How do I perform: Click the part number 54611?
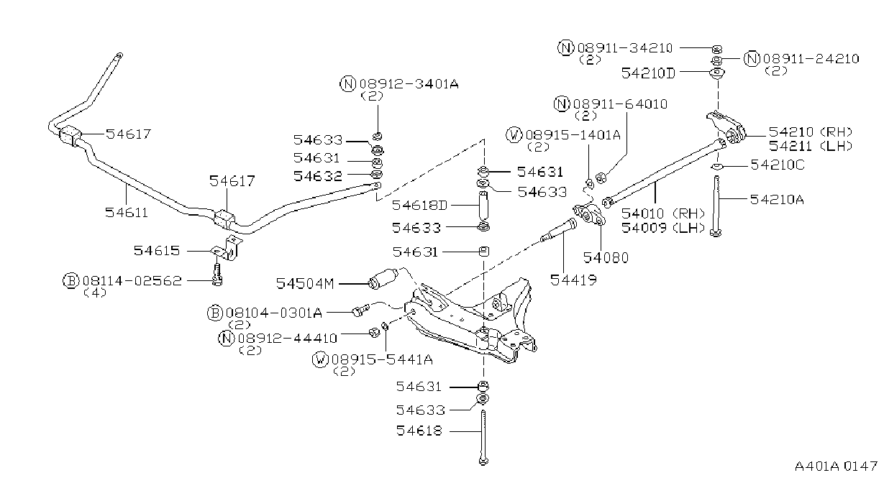(x=127, y=213)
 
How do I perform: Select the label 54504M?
(x=305, y=283)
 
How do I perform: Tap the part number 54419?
(x=573, y=280)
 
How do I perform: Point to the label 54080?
(x=606, y=258)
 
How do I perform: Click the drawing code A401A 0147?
(x=836, y=466)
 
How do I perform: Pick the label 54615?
(x=157, y=251)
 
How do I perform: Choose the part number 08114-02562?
(x=132, y=281)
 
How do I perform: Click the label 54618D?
(x=419, y=206)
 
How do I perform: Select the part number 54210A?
(x=777, y=200)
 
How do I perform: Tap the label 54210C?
(x=778, y=165)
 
